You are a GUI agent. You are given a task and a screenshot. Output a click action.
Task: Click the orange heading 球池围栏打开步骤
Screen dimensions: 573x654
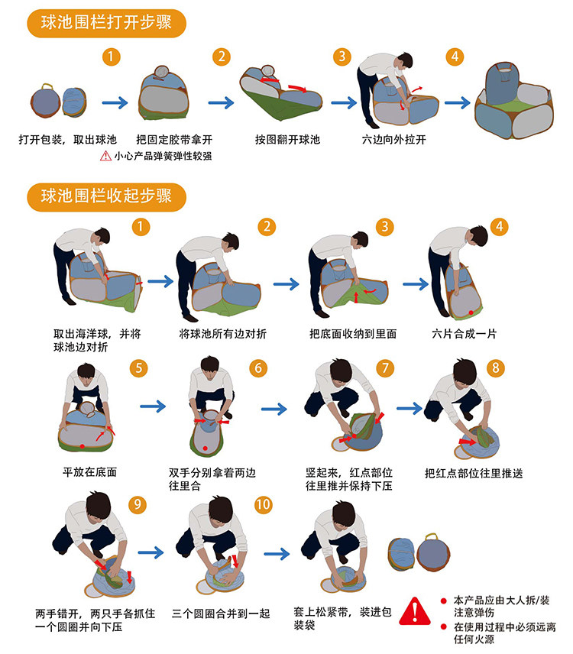106,23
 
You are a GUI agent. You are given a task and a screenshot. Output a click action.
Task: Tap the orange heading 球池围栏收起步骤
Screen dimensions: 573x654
106,197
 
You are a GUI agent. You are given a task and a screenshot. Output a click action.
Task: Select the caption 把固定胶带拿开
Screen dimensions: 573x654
174,139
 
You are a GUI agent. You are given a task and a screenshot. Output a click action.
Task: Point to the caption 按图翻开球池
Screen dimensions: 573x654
287,139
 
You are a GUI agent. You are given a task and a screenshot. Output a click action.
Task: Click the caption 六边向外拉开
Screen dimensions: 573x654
394,139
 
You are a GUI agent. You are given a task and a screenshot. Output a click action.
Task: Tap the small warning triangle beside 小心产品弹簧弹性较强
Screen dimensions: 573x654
105,156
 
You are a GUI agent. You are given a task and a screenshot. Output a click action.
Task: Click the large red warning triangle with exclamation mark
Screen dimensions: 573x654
415,611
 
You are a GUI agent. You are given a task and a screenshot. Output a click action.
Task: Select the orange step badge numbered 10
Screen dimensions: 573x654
264,505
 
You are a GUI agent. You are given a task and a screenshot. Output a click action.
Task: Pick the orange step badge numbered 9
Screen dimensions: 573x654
138,505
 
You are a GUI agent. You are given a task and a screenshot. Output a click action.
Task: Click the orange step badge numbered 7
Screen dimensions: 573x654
385,368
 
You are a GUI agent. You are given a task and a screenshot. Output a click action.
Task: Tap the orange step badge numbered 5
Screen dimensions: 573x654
139,368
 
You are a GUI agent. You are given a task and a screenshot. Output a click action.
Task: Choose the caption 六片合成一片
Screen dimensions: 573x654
465,334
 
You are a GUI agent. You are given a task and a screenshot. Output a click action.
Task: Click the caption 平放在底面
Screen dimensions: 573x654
89,472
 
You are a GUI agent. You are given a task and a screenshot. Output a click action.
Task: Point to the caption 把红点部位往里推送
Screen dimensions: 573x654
474,474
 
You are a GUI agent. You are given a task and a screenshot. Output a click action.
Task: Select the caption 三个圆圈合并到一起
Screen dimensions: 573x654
221,614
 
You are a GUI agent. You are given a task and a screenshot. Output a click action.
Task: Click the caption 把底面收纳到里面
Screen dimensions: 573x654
353,334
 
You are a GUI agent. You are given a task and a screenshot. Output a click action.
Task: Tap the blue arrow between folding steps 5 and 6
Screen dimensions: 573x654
153,406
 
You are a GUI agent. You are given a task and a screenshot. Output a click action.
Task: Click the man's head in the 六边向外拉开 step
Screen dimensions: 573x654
403,60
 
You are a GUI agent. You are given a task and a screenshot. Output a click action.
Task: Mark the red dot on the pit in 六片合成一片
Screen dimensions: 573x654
471,312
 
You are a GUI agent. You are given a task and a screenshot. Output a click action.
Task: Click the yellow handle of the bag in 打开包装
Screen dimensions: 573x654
47,86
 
